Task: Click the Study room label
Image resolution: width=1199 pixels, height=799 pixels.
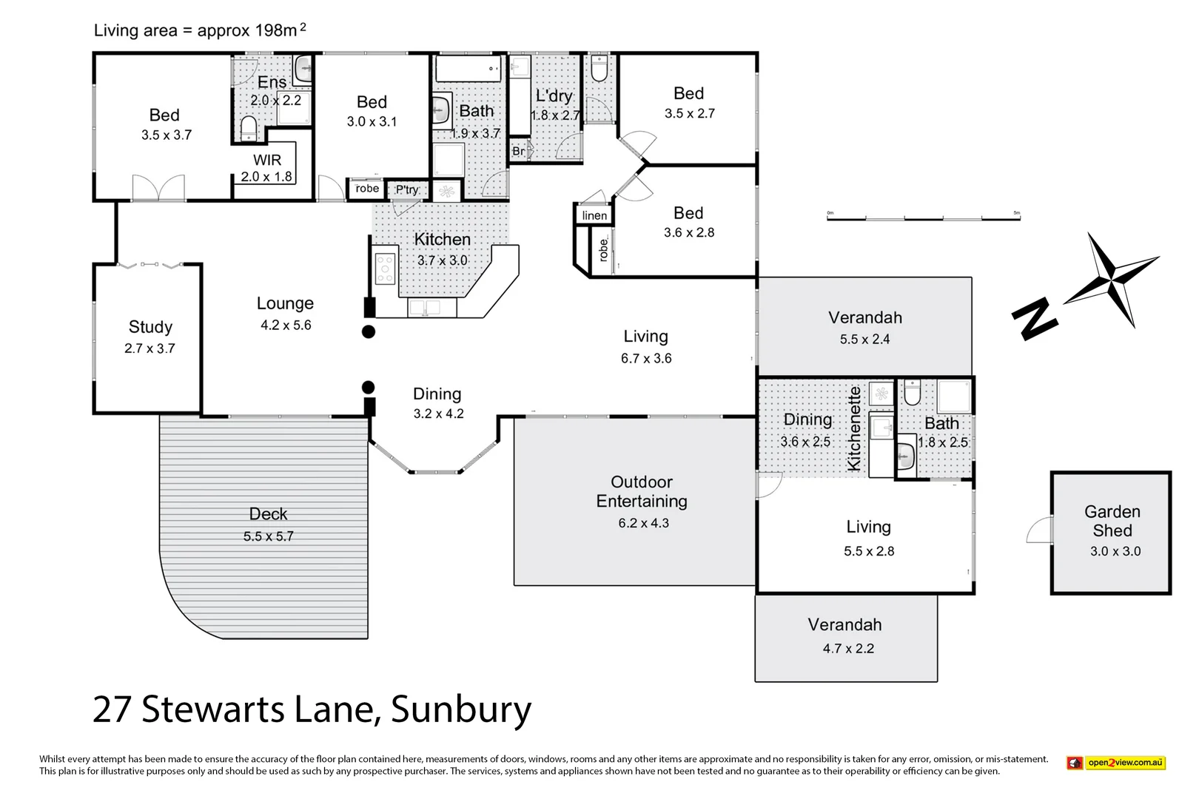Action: click(x=150, y=327)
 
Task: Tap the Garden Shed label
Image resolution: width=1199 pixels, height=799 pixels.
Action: click(x=1112, y=521)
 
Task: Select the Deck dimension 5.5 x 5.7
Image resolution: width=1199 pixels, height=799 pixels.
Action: click(x=268, y=536)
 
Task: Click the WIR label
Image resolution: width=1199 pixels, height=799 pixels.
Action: click(x=267, y=160)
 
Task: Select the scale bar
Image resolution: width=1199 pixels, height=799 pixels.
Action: click(x=923, y=218)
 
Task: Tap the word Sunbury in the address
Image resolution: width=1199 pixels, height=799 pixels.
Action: click(x=460, y=709)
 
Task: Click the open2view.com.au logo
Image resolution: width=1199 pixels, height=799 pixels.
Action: click(x=1116, y=763)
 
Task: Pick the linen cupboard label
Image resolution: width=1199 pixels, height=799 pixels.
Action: click(x=594, y=216)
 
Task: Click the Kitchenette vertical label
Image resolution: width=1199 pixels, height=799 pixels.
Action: click(x=854, y=428)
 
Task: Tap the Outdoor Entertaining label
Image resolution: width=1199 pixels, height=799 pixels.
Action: click(x=642, y=491)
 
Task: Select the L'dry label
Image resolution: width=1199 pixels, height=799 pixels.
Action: click(x=554, y=95)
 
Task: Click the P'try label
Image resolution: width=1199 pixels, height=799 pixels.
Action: click(x=407, y=189)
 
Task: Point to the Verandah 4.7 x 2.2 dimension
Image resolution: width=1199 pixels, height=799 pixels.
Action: click(x=848, y=649)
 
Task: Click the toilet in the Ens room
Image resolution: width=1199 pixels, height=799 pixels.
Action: click(x=249, y=127)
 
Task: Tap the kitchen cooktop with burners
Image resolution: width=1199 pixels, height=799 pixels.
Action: click(x=385, y=269)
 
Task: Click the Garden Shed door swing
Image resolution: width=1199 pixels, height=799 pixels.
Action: click(x=1040, y=530)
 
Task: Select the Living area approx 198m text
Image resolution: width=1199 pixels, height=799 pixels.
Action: click(x=199, y=30)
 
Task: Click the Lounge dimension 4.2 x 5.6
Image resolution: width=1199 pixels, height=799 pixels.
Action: click(x=286, y=326)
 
